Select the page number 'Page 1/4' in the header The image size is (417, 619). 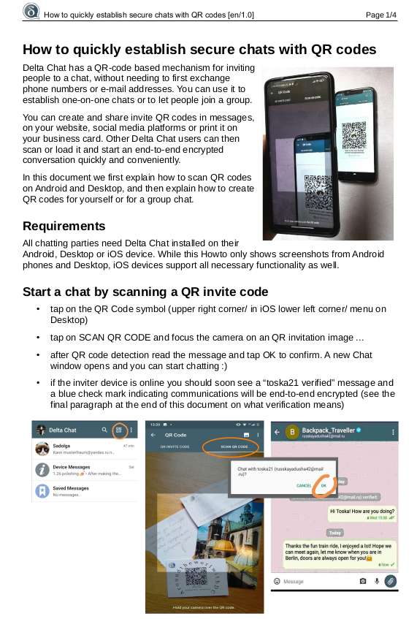380,15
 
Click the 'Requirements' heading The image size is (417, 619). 64,226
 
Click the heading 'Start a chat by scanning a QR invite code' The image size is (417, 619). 145,292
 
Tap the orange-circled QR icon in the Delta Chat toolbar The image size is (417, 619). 118,430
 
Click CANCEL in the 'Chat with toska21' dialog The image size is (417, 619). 304,485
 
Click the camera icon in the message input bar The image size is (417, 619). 363,581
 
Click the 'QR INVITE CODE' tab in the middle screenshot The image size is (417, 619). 169,445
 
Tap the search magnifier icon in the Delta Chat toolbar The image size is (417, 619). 105,430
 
